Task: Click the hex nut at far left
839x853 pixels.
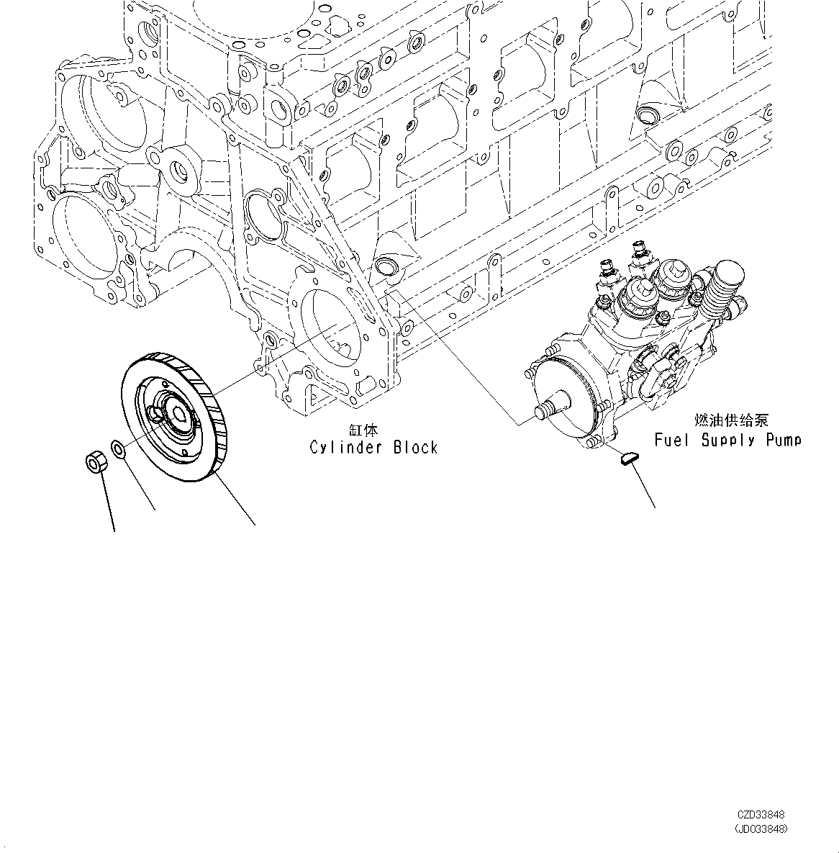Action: (96, 461)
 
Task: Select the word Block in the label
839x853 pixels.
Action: (415, 448)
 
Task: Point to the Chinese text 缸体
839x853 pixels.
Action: (363, 430)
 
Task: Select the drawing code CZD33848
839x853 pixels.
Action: (762, 815)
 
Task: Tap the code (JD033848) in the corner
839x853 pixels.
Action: (761, 829)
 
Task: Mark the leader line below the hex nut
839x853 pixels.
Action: (108, 504)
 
